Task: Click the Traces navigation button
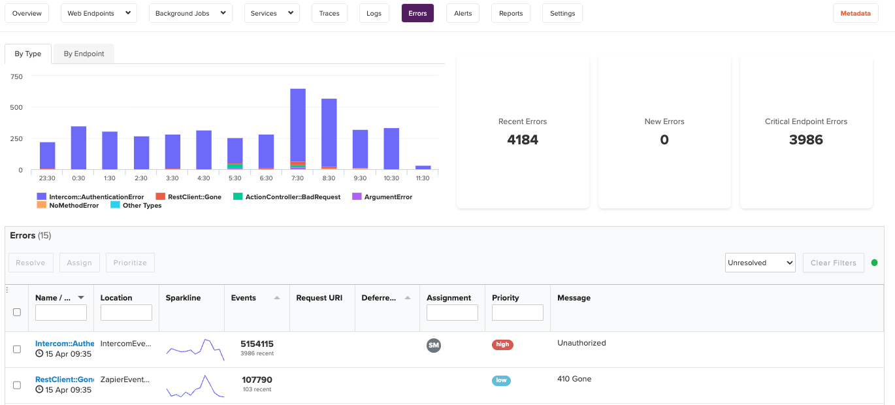coord(329,13)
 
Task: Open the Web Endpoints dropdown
coord(99,13)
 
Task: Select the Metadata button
coord(855,13)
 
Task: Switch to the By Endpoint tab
coord(84,54)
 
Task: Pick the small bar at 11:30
coord(423,167)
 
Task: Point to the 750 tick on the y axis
coord(16,76)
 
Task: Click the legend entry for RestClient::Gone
coord(189,197)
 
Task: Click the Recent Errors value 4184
coord(523,140)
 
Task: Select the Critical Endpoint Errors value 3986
coord(805,140)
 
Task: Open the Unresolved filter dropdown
coord(760,263)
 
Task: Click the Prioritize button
coord(130,263)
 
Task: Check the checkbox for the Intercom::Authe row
coord(17,349)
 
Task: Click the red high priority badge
coord(502,345)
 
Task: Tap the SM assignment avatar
coord(434,345)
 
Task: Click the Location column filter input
coord(126,313)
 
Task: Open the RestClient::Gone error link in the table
coord(64,380)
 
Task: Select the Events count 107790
coord(256,380)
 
